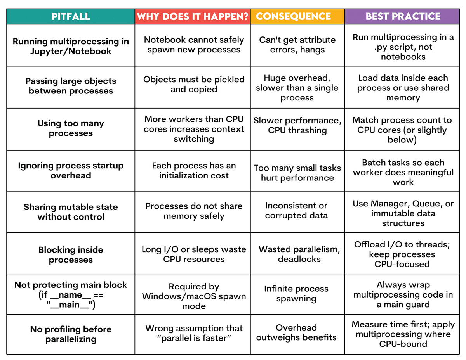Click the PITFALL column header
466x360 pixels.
tap(71, 17)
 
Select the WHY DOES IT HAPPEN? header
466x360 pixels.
tap(192, 17)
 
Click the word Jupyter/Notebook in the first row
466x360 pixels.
tap(71, 51)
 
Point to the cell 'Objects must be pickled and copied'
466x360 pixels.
tap(194, 85)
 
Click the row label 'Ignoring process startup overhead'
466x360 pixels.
tap(71, 170)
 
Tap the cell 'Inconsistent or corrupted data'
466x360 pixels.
tap(296, 211)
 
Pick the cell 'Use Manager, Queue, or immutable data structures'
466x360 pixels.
tap(403, 213)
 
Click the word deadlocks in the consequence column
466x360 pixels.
tap(299, 259)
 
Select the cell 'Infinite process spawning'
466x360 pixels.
tap(296, 294)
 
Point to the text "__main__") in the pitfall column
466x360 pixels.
tap(71, 305)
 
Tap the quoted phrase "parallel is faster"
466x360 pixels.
tap(194, 338)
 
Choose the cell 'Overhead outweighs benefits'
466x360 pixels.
tap(296, 332)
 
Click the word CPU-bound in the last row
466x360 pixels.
tap(403, 344)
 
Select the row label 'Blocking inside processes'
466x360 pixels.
tap(71, 255)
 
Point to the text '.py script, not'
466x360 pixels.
tap(403, 47)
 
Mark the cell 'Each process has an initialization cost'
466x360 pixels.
tap(194, 170)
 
